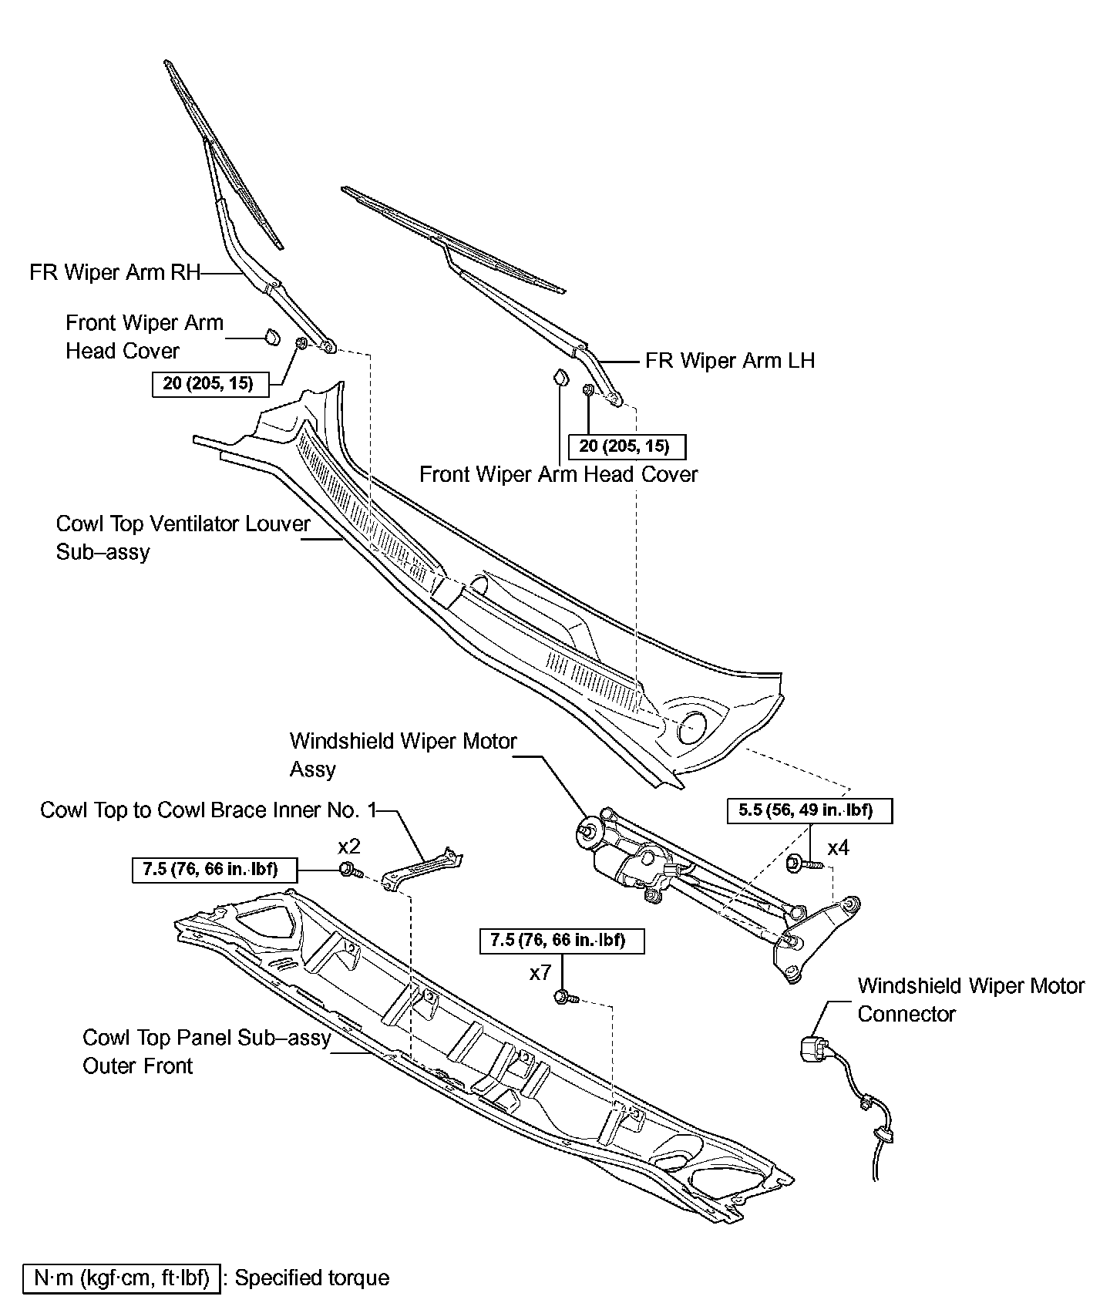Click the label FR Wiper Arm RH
click(x=115, y=273)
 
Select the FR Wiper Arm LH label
click(x=730, y=361)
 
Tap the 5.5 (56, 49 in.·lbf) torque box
click(x=809, y=811)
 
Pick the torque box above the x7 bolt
click(x=562, y=941)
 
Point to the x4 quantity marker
click(x=838, y=848)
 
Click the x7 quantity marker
click(x=540, y=973)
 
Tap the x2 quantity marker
click(x=349, y=847)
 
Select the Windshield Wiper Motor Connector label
click(x=970, y=1000)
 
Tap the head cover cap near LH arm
click(x=560, y=378)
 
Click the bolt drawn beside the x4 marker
click(x=797, y=863)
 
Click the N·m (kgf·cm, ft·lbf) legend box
click(x=121, y=1278)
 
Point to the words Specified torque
click(x=312, y=1278)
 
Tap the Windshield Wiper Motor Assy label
click(x=402, y=755)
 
